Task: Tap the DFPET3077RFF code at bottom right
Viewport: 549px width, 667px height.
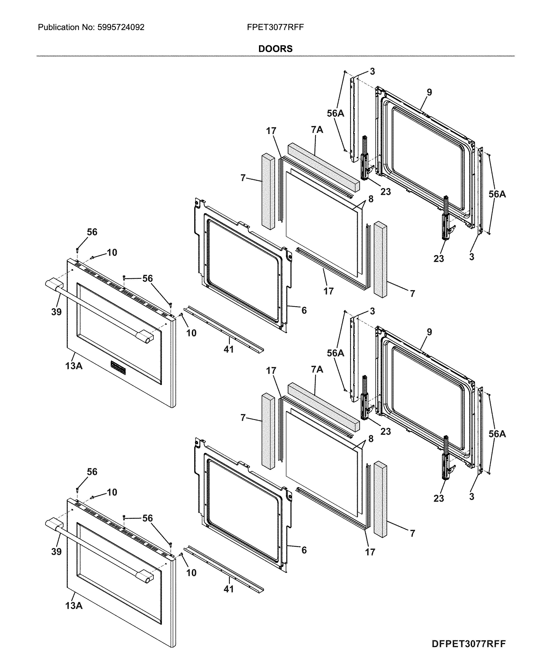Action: [469, 644]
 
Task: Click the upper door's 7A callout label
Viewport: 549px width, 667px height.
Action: [317, 130]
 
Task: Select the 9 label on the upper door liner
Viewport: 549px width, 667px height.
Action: [429, 92]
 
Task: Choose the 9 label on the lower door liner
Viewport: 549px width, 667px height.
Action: [429, 332]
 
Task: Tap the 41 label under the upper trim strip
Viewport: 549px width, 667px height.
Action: [229, 349]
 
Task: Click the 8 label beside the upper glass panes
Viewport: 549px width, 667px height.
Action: [371, 199]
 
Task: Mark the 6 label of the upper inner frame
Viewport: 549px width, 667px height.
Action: [304, 311]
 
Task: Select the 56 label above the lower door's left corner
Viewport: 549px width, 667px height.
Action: [92, 472]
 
